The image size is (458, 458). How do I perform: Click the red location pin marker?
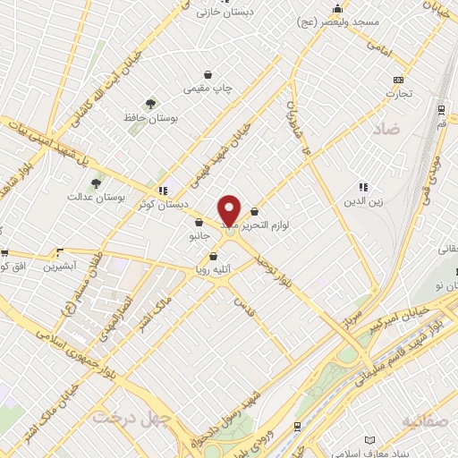pyautogui.click(x=229, y=211)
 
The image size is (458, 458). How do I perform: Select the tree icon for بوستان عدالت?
pyautogui.click(x=95, y=183)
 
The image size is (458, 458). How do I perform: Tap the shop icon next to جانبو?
pyautogui.click(x=197, y=223)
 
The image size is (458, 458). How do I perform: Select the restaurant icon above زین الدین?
pyautogui.click(x=363, y=187)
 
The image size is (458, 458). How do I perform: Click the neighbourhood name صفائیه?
pyautogui.click(x=428, y=420)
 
